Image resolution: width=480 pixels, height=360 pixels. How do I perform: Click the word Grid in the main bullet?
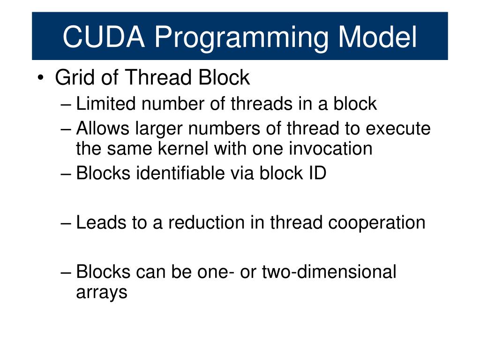click(72, 77)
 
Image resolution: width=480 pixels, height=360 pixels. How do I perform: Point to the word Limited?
click(104, 104)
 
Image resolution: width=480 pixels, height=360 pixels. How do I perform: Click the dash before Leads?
click(67, 223)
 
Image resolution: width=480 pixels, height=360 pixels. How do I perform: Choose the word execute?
click(399, 128)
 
